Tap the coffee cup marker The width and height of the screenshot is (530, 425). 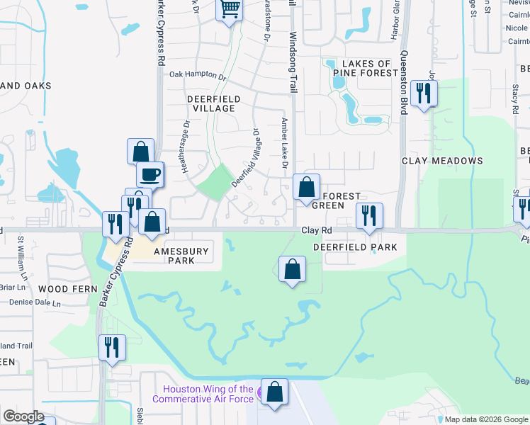(150, 174)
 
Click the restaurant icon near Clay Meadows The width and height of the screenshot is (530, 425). (424, 93)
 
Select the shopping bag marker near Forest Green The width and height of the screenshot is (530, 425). (306, 188)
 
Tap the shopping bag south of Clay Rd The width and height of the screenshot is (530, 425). (293, 269)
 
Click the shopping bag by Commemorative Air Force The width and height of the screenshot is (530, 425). (274, 392)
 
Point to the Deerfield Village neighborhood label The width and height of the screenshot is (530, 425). (213, 103)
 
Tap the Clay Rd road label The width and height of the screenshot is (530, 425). (317, 230)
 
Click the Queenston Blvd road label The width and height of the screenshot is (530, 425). (405, 82)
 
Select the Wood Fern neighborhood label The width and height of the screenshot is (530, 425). (62, 290)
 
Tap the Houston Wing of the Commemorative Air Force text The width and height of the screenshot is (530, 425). (208, 394)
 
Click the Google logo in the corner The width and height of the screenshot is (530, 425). (23, 416)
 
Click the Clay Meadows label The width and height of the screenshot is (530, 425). (442, 161)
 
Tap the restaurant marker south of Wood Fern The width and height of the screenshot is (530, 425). (112, 347)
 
